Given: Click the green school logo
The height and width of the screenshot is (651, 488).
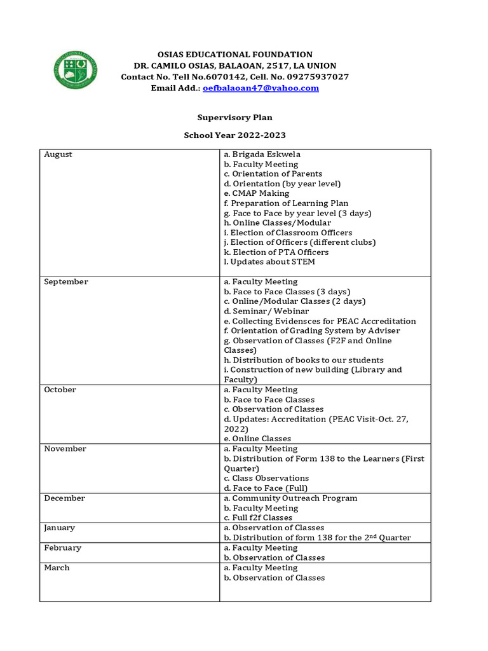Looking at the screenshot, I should [76, 70].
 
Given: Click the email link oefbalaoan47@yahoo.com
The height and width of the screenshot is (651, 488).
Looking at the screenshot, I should [261, 88].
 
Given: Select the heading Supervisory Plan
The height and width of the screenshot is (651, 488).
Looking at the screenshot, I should [234, 118].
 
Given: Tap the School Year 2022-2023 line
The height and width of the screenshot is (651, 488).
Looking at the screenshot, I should [234, 135].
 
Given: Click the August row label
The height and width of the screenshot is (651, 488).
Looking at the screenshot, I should [58, 154].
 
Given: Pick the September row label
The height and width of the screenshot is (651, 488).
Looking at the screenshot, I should [65, 282].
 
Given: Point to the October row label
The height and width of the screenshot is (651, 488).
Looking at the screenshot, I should [60, 390].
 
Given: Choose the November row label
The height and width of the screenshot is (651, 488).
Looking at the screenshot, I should [65, 449].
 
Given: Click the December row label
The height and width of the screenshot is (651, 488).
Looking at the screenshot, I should [64, 498].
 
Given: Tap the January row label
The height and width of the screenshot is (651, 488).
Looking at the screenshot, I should [59, 528].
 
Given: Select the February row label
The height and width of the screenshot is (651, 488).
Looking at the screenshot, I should [62, 548].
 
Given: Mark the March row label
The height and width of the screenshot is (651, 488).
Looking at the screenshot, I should [57, 568].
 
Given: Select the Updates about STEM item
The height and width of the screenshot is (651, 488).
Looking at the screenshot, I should [269, 262].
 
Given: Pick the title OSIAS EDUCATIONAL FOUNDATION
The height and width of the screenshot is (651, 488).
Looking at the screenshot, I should [234, 55].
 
